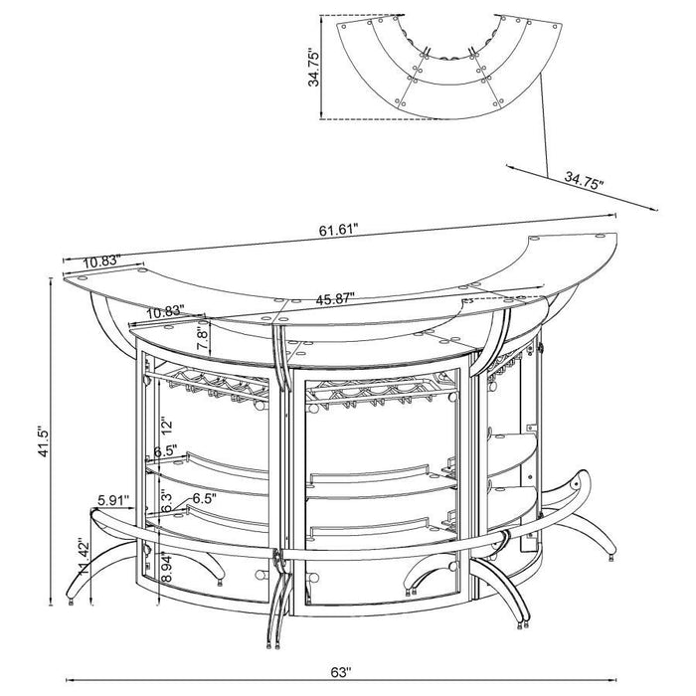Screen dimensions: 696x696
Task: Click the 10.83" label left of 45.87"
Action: [165, 311]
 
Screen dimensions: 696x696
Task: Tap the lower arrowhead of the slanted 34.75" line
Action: [655, 209]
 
